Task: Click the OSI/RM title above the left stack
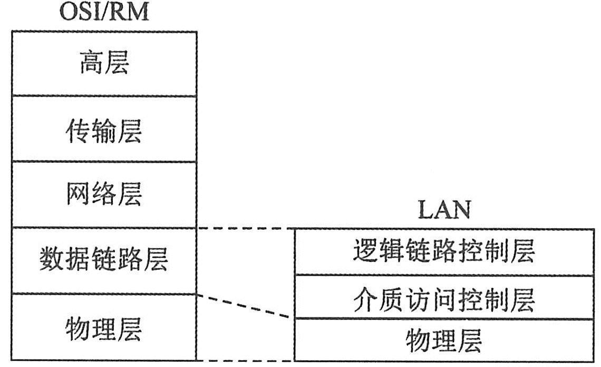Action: pos(104,12)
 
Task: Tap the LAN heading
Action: pos(443,211)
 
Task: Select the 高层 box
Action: pos(104,64)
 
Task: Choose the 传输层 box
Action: pos(104,129)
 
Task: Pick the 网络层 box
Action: pos(104,195)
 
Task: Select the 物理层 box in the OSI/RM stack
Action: pos(104,327)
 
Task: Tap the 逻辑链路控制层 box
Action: pos(443,252)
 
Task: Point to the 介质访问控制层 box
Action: pos(443,297)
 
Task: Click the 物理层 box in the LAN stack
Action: pos(443,340)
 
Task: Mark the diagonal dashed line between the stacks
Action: pos(245,306)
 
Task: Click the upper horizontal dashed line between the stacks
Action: pos(245,229)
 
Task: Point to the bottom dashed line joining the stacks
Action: pos(245,361)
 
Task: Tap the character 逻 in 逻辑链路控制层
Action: pos(365,252)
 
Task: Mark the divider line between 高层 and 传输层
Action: pos(104,96)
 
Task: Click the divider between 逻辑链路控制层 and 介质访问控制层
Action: pos(443,275)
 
